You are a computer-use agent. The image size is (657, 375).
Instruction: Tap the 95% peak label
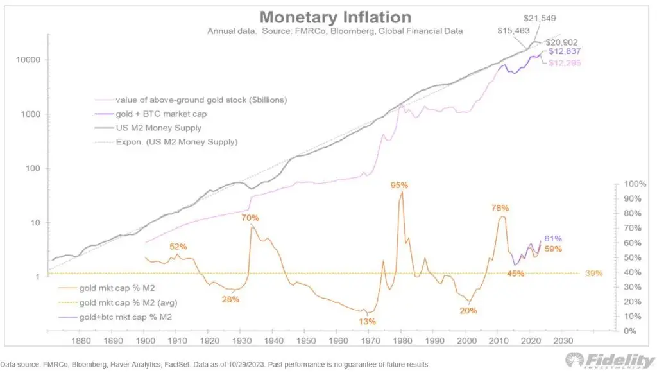[400, 186]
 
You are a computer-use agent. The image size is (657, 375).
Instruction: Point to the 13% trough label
[368, 321]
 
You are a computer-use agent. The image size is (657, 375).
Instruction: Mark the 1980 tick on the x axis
[403, 341]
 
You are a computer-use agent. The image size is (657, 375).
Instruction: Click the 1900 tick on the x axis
[145, 341]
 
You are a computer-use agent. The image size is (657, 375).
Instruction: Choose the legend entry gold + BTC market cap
[156, 114]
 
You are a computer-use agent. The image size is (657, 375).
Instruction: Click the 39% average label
[593, 273]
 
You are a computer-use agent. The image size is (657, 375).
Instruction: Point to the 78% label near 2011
[500, 208]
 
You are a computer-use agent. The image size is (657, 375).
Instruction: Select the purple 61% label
[553, 239]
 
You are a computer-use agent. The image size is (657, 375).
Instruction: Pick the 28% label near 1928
[230, 299]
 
